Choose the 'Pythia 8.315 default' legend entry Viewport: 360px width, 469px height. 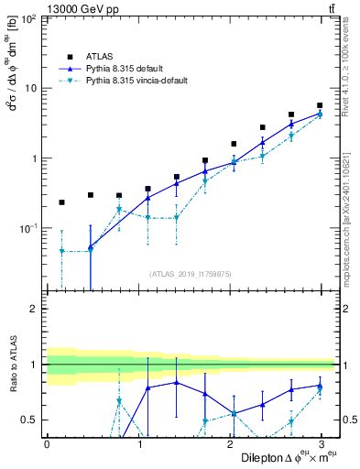(125, 69)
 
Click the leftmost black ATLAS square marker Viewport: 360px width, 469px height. (61, 202)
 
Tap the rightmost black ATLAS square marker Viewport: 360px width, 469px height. (320, 105)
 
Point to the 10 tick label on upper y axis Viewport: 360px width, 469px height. (29, 88)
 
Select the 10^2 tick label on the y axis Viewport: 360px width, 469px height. (28, 18)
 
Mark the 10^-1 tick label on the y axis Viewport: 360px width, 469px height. (27, 228)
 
